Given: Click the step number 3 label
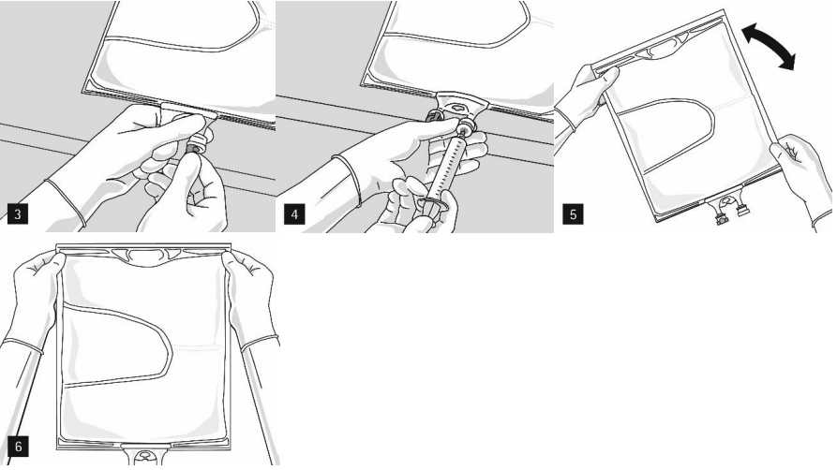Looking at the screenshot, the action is pos(18,214).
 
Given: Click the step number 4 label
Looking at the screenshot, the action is pos(294,214).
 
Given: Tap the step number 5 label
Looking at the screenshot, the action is pos(573,214).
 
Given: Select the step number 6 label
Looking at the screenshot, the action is pos(18,446).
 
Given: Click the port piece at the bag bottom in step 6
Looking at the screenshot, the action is pos(144,454).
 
